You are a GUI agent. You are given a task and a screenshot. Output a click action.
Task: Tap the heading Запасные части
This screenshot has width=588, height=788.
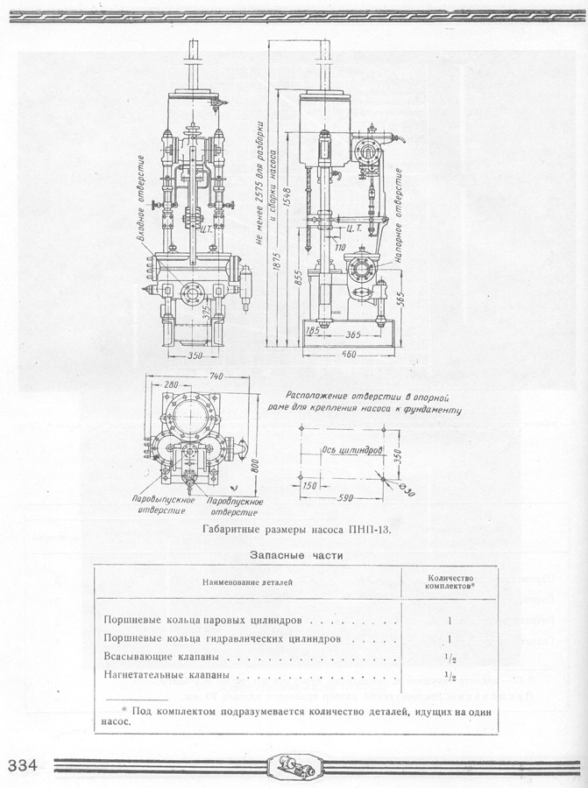[295, 555]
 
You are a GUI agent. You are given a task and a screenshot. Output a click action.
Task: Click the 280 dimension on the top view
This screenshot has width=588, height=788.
[171, 384]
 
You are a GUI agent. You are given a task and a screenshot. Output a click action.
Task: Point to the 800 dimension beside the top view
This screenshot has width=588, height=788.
[253, 465]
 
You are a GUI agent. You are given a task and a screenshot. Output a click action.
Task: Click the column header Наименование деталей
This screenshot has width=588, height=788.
[247, 580]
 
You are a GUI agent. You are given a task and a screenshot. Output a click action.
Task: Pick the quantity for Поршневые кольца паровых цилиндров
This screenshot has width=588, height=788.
[449, 620]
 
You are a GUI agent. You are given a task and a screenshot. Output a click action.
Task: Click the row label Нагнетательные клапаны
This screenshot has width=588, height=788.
[167, 676]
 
